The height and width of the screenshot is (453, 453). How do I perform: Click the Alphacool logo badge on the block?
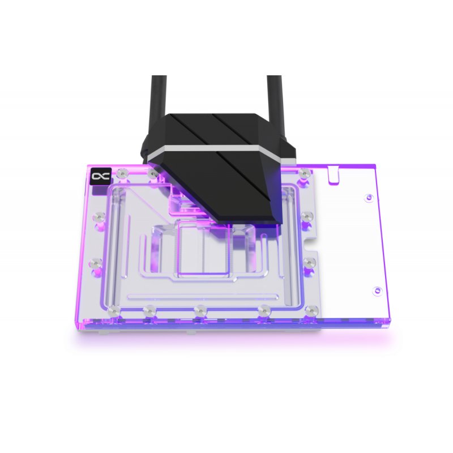point(99,177)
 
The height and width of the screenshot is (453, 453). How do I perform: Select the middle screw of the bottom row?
point(199,310)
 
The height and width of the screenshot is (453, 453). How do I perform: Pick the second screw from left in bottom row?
point(148,310)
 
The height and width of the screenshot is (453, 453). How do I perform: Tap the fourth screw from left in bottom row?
point(263,310)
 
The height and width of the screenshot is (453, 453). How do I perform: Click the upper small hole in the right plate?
point(369,197)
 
